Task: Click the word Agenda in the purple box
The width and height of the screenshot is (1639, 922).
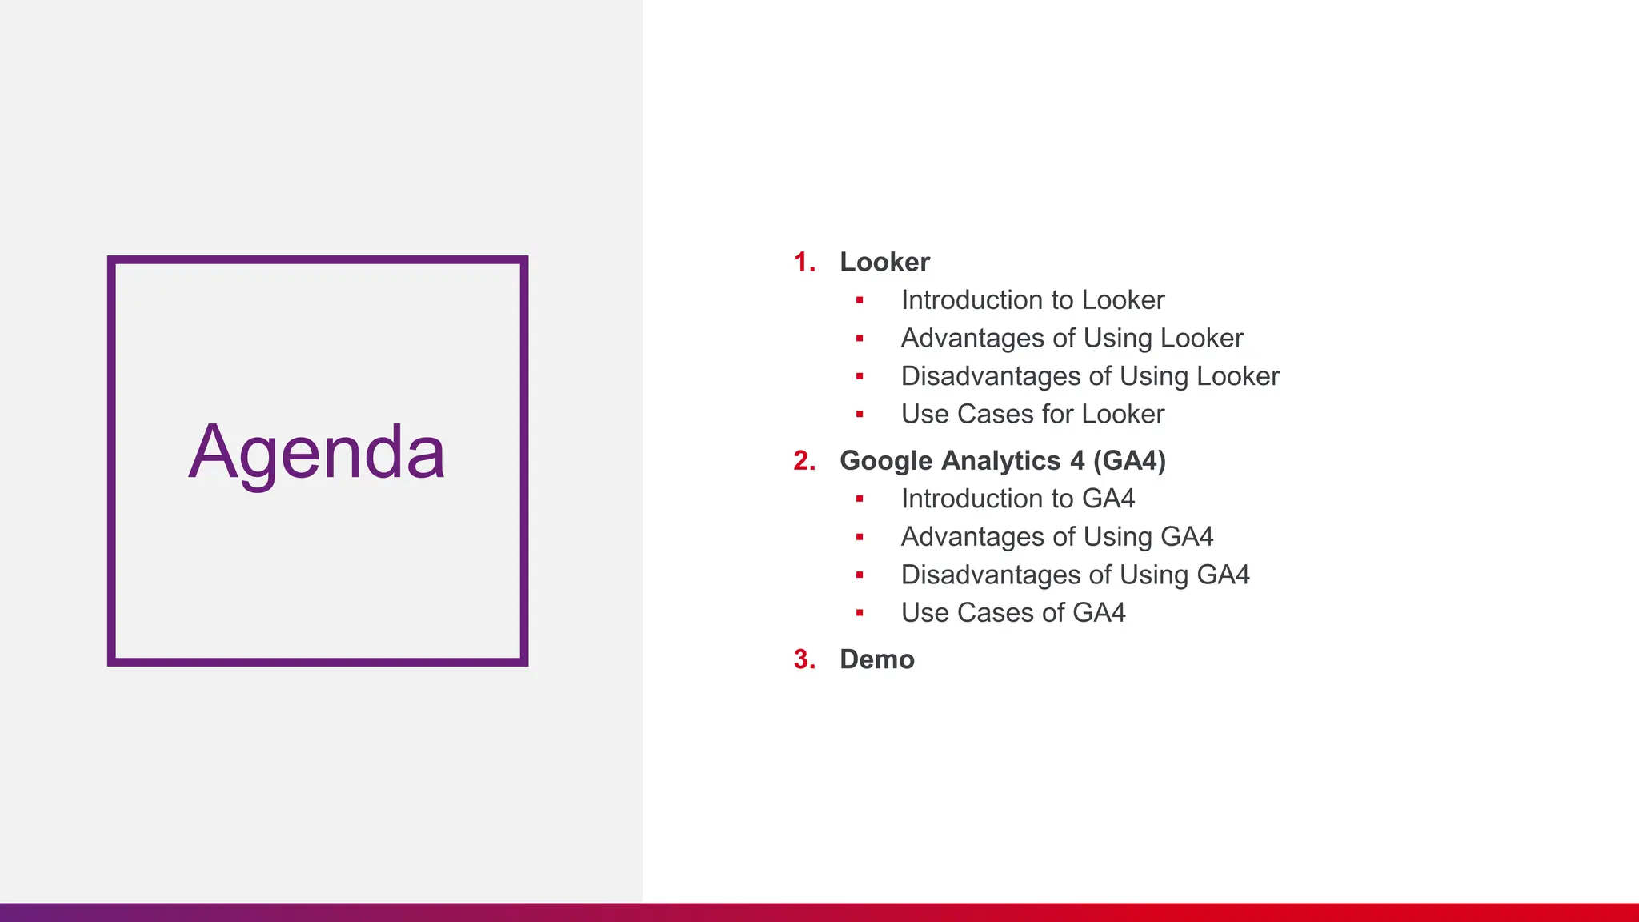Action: coord(316,453)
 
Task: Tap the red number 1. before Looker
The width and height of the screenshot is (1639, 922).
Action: coord(803,262)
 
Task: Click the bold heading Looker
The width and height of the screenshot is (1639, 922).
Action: coord(884,262)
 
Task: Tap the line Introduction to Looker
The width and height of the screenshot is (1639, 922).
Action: coord(1032,299)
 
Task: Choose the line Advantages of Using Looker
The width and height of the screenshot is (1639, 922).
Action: coord(1072,338)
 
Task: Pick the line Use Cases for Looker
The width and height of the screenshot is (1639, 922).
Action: coord(1032,414)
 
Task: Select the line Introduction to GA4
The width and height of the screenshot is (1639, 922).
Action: coord(1017,499)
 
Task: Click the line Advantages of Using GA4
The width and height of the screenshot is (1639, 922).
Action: coord(1056,536)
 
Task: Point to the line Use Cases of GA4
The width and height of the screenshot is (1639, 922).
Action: coord(1012,612)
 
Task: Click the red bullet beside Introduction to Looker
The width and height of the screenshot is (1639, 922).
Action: coord(860,300)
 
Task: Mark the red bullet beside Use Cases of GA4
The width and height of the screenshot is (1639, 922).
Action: coord(860,613)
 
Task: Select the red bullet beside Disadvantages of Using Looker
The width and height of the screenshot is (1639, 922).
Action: coord(860,376)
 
